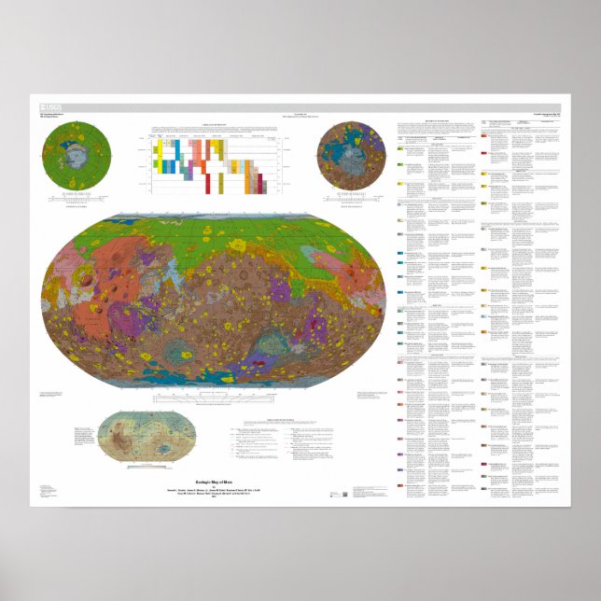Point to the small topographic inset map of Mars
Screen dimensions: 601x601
pos(145,439)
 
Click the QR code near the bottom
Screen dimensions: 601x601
pos(344,494)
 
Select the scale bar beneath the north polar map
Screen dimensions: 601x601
pos(79,198)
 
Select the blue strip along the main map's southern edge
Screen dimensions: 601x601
pos(215,379)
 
